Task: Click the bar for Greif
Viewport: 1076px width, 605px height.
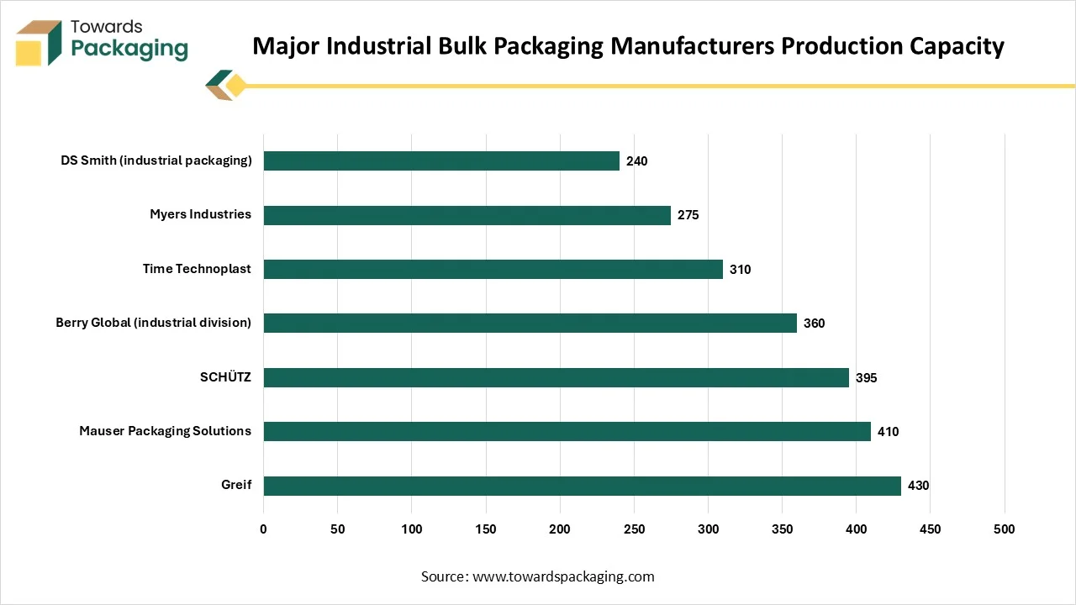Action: pos(582,486)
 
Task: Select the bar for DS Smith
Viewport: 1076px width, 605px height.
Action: pos(441,160)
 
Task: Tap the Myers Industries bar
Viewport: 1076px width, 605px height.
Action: pos(467,215)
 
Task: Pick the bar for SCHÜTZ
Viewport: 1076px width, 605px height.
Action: pos(556,377)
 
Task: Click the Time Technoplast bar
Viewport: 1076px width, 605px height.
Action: pos(493,269)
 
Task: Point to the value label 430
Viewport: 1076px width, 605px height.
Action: pos(919,486)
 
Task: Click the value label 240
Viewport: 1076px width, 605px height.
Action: pos(637,160)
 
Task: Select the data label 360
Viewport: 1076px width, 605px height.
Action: pos(814,324)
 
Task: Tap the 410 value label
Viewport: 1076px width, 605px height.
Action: pos(889,432)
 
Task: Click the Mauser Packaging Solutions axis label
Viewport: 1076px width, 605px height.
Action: pos(165,431)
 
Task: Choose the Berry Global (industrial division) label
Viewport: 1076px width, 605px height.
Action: pos(153,323)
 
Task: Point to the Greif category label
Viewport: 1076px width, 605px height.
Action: pos(236,485)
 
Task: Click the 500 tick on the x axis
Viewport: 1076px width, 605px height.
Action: pos(1004,529)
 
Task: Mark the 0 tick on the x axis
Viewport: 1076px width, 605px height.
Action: pos(263,529)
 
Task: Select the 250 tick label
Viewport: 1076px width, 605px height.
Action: pos(634,529)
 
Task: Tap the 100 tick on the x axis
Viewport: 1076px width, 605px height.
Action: pos(412,529)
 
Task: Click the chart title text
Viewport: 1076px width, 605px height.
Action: pos(628,45)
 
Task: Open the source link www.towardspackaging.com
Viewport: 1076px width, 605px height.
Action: pos(563,576)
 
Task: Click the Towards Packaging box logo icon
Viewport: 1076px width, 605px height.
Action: pos(39,42)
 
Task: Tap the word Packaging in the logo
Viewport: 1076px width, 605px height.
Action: pos(129,48)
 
